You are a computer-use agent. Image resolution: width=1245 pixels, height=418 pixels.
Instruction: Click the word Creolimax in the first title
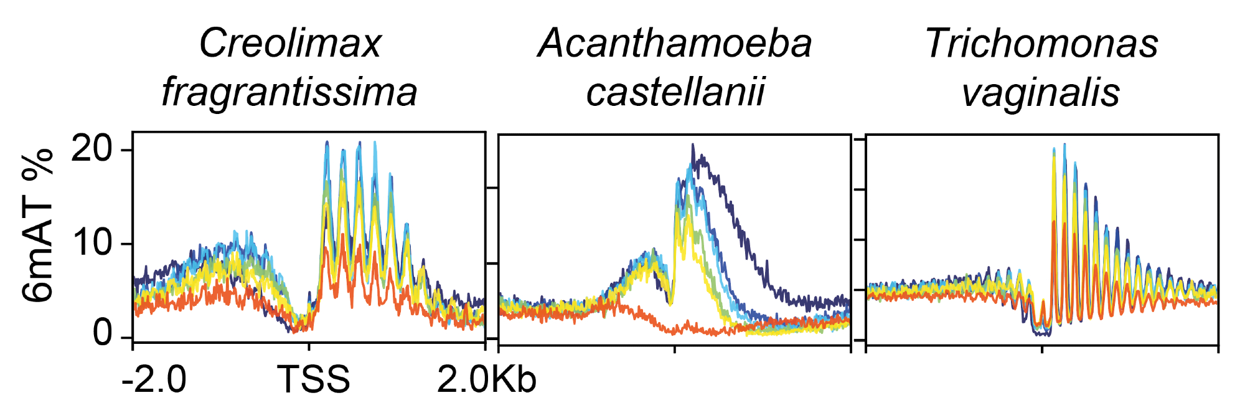[289, 44]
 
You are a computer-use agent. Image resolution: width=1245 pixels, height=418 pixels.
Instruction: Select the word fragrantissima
[289, 92]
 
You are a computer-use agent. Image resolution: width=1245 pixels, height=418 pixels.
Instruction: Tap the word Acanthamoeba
[675, 44]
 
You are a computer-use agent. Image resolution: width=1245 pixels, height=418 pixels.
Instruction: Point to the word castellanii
[675, 92]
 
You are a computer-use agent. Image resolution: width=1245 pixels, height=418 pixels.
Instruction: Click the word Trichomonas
[1041, 44]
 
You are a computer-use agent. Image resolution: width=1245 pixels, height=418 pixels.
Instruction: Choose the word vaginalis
[1041, 92]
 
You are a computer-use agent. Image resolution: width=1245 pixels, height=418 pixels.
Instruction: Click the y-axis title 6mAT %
[39, 225]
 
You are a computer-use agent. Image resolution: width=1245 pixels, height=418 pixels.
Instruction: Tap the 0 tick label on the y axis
[103, 335]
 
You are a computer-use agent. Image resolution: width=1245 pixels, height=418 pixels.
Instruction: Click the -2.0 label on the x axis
[154, 379]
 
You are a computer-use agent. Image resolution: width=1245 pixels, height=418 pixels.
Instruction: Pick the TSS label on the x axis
[313, 379]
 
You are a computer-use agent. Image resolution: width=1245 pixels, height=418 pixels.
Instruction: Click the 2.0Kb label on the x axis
[486, 379]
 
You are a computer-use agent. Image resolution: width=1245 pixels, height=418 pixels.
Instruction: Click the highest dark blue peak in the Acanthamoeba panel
[692, 146]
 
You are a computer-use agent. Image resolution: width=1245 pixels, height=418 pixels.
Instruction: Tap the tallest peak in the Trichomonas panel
[1064, 145]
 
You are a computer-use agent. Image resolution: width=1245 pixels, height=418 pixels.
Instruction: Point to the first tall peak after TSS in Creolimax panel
[327, 143]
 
